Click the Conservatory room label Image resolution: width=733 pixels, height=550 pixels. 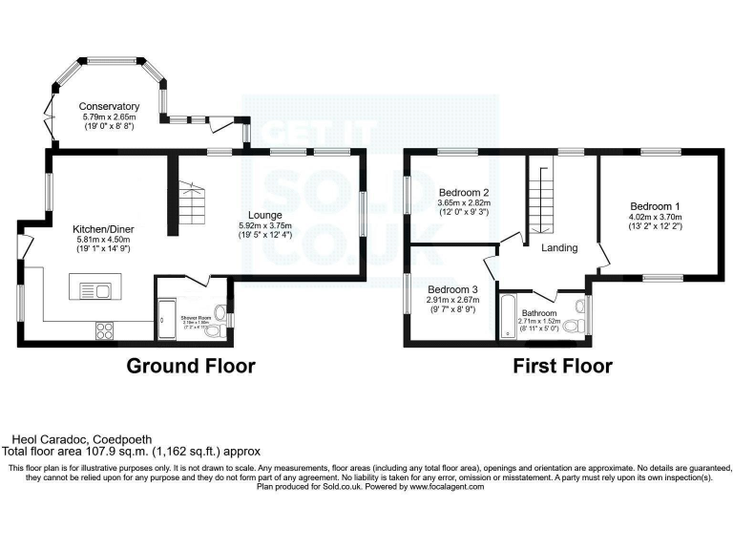tap(110, 106)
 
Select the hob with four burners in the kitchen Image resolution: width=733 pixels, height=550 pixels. tap(104, 330)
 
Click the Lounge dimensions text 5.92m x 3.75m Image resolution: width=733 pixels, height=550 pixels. tap(265, 225)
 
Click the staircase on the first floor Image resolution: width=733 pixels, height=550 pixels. tap(540, 198)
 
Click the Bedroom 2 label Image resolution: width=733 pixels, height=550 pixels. tap(452, 191)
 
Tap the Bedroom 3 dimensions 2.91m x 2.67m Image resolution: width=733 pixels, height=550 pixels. tap(452, 300)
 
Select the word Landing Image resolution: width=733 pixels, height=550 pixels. tap(559, 248)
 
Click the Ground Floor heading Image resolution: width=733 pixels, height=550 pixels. tap(191, 366)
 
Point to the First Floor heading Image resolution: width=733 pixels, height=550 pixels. tap(562, 366)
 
